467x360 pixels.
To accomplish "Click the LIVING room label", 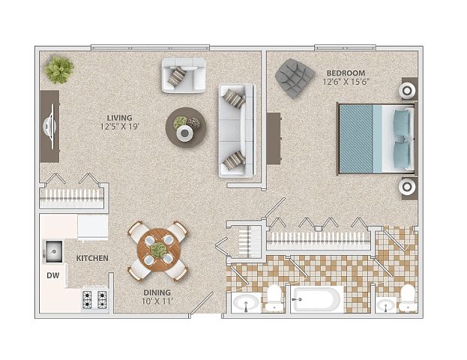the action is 119,118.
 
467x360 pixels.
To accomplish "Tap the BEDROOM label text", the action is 346,73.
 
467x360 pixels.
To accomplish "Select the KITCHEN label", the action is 92,259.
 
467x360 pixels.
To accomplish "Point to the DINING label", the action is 157,292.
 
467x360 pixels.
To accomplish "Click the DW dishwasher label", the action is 53,276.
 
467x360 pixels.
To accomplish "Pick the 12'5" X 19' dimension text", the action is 119,127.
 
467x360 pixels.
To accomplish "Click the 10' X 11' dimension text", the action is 157,301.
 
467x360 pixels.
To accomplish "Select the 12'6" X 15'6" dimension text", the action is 346,82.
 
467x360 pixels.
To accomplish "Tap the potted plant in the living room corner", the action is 59,70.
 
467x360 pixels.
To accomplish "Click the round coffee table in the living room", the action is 186,127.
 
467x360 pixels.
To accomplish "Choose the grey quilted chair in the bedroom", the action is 295,78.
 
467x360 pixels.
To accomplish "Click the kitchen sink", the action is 54,252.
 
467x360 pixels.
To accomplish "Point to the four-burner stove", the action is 94,300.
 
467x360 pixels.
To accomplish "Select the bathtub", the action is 317,299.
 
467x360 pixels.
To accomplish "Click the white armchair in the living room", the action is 184,76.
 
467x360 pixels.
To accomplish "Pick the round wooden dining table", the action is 159,250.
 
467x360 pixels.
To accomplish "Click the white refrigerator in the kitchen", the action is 93,227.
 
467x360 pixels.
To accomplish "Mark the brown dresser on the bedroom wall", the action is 274,138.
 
